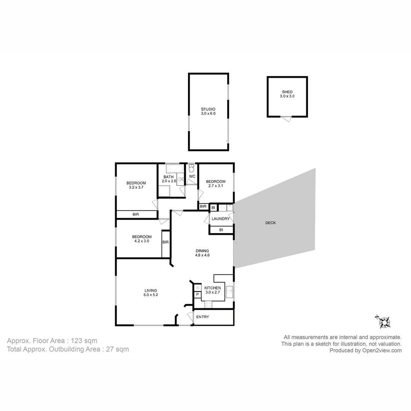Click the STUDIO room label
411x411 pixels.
click(208, 111)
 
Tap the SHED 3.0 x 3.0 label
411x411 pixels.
click(287, 94)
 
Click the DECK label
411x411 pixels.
click(271, 223)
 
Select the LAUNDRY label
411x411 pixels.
click(221, 219)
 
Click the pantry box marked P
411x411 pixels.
click(197, 295)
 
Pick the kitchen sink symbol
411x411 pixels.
click(229, 292)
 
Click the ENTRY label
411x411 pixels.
click(202, 317)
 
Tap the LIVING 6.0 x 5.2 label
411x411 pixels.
click(150, 293)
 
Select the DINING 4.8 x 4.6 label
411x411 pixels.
click(202, 253)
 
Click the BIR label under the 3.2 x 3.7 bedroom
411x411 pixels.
click(136, 215)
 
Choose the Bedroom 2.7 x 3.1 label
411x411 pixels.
click(215, 183)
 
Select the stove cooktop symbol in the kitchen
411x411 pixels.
click(208, 304)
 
